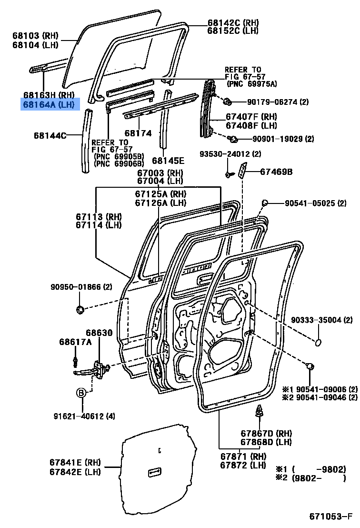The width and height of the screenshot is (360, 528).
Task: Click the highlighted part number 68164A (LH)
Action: [50, 104]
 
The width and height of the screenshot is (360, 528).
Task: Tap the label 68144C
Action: [50, 135]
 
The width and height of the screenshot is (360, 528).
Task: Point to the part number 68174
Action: [138, 133]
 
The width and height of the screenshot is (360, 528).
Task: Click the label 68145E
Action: [168, 161]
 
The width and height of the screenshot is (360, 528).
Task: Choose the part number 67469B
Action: [276, 172]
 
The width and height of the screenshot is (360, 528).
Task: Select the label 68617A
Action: [75, 342]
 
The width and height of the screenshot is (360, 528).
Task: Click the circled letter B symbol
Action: [81, 393]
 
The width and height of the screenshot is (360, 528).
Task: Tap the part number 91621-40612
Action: [84, 416]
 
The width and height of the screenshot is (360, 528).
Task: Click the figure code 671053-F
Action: [330, 517]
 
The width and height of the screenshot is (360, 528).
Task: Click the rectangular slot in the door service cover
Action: [155, 472]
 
